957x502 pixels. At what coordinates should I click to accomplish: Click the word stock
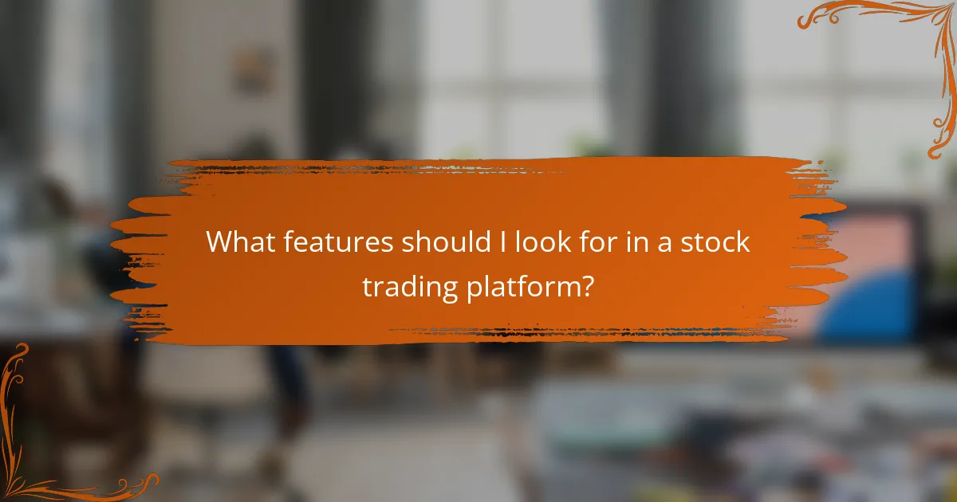716,242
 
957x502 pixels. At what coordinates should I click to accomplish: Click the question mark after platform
586,286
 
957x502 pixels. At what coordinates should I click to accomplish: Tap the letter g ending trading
448,290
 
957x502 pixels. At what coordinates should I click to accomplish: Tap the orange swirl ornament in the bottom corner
48,446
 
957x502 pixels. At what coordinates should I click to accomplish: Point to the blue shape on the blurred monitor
869,307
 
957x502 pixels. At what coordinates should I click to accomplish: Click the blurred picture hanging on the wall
253,68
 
